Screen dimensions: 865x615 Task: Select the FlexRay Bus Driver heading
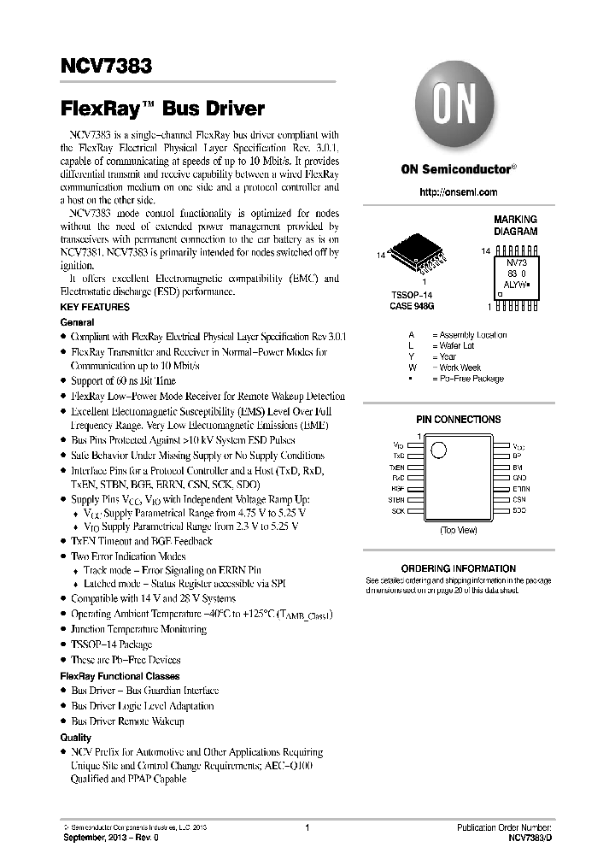[x=162, y=109]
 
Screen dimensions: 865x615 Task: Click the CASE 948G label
[x=413, y=305]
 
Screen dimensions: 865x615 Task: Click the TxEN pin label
[x=396, y=468]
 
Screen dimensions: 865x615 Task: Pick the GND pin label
[x=518, y=478]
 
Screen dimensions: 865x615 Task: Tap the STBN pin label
[x=396, y=499]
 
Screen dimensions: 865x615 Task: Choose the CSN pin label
[x=518, y=499]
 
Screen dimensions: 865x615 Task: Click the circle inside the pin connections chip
[x=438, y=450]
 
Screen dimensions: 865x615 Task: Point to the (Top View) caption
[x=458, y=531]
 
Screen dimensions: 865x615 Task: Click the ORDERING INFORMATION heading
[x=458, y=568]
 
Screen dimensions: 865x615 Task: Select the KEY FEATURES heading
[x=95, y=307]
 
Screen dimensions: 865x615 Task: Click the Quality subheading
[x=75, y=737]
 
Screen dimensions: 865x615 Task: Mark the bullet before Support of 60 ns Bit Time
[x=63, y=381]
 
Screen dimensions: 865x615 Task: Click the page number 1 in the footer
[x=307, y=827]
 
